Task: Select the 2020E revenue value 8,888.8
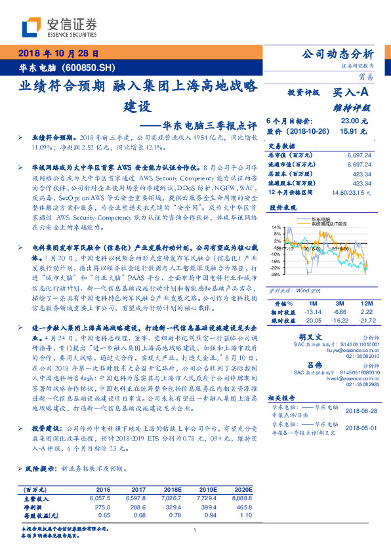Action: pos(241,498)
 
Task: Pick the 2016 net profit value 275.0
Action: pos(103,507)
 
